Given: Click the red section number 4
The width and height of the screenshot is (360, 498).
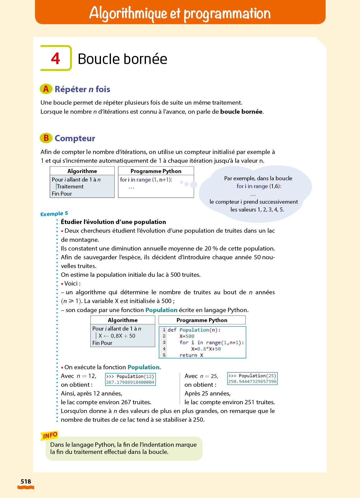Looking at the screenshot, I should click(x=56, y=58).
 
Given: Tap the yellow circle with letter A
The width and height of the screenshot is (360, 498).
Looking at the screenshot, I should click(x=46, y=89).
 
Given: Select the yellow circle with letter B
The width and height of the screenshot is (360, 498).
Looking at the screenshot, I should click(x=46, y=138).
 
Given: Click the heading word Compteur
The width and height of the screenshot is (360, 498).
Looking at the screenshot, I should click(x=75, y=138).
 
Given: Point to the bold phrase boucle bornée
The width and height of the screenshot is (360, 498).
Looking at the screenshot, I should click(x=241, y=112).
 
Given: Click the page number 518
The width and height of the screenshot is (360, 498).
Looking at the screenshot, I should click(x=26, y=481).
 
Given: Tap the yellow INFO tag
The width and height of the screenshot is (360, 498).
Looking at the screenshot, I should click(x=50, y=435).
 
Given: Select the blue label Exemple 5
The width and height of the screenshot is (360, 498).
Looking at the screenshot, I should click(x=54, y=214).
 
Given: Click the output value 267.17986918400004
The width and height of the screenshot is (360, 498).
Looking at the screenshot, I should click(x=130, y=382).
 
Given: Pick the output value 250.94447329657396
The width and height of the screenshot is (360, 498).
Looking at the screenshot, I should click(x=252, y=381).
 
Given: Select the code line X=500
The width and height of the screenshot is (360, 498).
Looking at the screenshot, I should click(x=187, y=336).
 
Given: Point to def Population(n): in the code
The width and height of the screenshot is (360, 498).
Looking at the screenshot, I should click(x=194, y=330).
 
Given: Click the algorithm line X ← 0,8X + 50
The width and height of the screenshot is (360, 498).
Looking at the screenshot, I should click(x=117, y=336).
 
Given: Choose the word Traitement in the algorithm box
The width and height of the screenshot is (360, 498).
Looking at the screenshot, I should click(x=70, y=187).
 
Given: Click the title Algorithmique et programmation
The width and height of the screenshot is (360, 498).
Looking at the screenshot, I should click(x=180, y=13).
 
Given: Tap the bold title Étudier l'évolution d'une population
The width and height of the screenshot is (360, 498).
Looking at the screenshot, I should click(x=113, y=222).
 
